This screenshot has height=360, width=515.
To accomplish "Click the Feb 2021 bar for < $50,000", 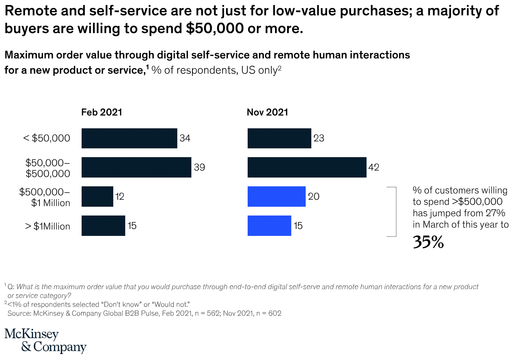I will pos(129,138).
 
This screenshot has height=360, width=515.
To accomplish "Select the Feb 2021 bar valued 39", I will pos(136,167).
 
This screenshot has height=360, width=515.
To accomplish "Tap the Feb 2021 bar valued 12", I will pos(97,197).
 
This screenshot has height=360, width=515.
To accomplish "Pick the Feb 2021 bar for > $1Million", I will pos(103,226).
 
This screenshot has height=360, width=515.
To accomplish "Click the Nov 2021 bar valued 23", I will pos(279,138).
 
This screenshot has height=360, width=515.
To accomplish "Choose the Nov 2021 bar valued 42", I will pos(307,167).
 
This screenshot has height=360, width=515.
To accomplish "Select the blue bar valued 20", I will pos(276,197).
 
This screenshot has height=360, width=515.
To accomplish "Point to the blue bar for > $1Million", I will pos(269,226).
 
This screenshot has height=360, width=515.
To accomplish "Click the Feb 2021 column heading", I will pos(102,112).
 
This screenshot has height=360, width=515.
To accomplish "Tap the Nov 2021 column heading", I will pos(267,112).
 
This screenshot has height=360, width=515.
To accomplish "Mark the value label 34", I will pos(185,138).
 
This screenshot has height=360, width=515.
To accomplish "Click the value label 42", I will pos(374,167).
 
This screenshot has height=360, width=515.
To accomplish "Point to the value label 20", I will pos(314,197).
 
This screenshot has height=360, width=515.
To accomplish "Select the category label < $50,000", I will pos(47,138).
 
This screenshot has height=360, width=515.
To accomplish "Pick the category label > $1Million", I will pos(47,226).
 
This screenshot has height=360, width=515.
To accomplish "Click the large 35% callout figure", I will pos(428,242).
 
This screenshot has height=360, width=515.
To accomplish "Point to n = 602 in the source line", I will pos(269,313).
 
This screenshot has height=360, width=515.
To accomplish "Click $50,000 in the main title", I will pos(215,28).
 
